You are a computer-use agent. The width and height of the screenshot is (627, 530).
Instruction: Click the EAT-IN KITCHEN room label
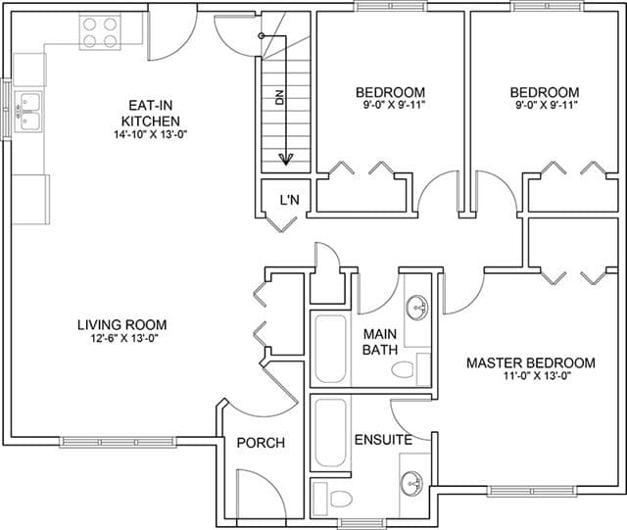(x=150, y=114)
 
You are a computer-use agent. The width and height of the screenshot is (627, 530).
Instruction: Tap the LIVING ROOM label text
(x=121, y=324)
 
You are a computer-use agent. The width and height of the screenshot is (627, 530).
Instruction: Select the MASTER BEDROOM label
(x=531, y=363)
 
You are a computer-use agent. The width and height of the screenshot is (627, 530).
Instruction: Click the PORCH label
(x=261, y=443)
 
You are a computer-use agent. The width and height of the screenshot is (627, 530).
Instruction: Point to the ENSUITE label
(x=383, y=440)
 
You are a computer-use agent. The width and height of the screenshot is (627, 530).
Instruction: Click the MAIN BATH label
(x=380, y=342)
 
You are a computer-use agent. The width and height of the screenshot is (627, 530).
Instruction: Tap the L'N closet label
(x=290, y=199)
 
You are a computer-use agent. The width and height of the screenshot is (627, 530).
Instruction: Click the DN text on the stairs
(x=279, y=98)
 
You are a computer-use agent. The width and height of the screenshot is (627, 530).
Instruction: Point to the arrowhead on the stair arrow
(x=285, y=160)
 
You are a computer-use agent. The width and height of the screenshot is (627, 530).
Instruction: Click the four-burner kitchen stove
(x=100, y=32)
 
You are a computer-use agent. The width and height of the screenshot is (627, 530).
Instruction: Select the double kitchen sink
(x=28, y=112)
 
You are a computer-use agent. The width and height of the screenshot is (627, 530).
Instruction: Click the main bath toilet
(x=403, y=369)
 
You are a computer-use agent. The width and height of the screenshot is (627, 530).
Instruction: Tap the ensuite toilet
(x=341, y=499)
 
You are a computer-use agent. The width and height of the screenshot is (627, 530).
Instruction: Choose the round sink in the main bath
(x=417, y=308)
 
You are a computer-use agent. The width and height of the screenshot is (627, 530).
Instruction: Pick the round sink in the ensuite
(x=411, y=483)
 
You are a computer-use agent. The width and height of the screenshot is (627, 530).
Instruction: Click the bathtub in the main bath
(x=330, y=349)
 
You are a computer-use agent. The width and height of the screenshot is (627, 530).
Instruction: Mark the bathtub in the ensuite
(x=330, y=433)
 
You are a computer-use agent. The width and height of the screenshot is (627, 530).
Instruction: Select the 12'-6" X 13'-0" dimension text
(x=124, y=338)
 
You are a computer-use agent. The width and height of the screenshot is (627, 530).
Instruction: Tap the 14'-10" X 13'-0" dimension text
(x=151, y=134)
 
